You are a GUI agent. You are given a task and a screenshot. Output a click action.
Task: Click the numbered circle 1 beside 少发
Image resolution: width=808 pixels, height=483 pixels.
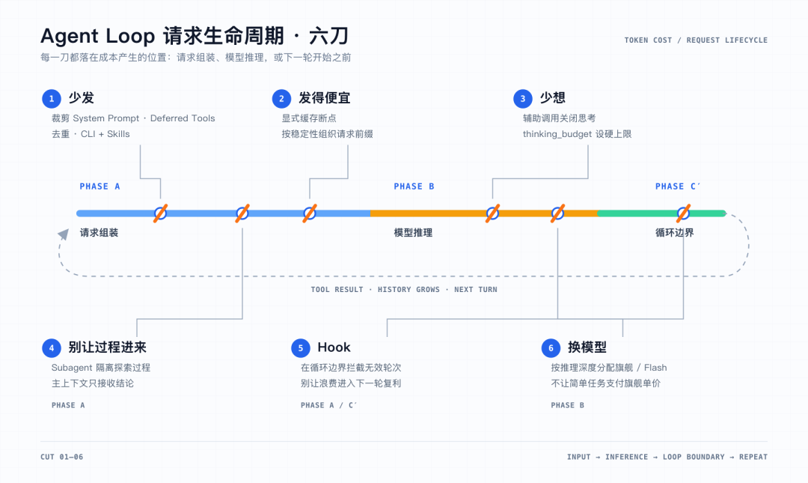click(52, 99)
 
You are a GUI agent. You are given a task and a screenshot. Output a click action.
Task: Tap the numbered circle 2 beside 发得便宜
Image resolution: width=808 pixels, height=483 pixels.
click(281, 99)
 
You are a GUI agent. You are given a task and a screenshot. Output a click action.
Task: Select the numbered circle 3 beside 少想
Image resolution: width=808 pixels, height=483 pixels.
click(522, 99)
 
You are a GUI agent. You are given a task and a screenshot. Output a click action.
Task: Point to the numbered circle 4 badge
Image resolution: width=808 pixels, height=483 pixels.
click(52, 347)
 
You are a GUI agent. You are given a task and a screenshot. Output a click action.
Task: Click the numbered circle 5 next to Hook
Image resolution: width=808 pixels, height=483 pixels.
click(301, 347)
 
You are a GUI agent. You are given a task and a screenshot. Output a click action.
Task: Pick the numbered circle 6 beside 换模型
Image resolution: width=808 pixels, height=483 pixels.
click(551, 347)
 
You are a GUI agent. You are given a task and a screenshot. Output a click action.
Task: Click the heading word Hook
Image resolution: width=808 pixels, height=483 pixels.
click(334, 347)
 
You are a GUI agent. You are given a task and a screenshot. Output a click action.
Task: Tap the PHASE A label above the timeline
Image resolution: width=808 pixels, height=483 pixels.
click(100, 186)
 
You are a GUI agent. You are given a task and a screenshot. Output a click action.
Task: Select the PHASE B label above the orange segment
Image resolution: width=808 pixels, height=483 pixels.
click(414, 186)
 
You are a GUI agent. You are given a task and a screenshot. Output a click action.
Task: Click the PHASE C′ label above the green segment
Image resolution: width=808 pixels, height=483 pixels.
click(678, 186)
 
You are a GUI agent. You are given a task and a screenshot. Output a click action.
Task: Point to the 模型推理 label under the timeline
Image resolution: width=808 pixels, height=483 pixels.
click(413, 233)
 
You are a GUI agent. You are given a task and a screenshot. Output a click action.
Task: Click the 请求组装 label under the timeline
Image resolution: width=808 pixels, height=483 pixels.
click(99, 233)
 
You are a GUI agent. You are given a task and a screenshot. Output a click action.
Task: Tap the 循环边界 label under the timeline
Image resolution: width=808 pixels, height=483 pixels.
click(675, 233)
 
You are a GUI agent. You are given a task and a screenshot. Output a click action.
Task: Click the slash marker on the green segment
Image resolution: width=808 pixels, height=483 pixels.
click(683, 213)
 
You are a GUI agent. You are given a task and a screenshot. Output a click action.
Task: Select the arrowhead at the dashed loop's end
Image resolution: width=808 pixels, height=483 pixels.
click(64, 235)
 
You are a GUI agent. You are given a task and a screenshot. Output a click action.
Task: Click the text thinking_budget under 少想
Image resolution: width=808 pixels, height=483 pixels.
click(557, 134)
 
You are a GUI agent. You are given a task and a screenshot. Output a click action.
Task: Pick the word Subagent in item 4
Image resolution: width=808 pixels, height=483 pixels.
click(72, 368)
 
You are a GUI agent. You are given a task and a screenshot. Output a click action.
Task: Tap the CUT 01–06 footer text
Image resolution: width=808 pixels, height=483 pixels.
click(62, 457)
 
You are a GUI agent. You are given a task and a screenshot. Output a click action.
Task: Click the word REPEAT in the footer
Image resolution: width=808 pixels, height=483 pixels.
click(753, 457)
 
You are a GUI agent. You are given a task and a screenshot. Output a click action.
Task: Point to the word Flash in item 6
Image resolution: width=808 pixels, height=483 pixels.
click(655, 368)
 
